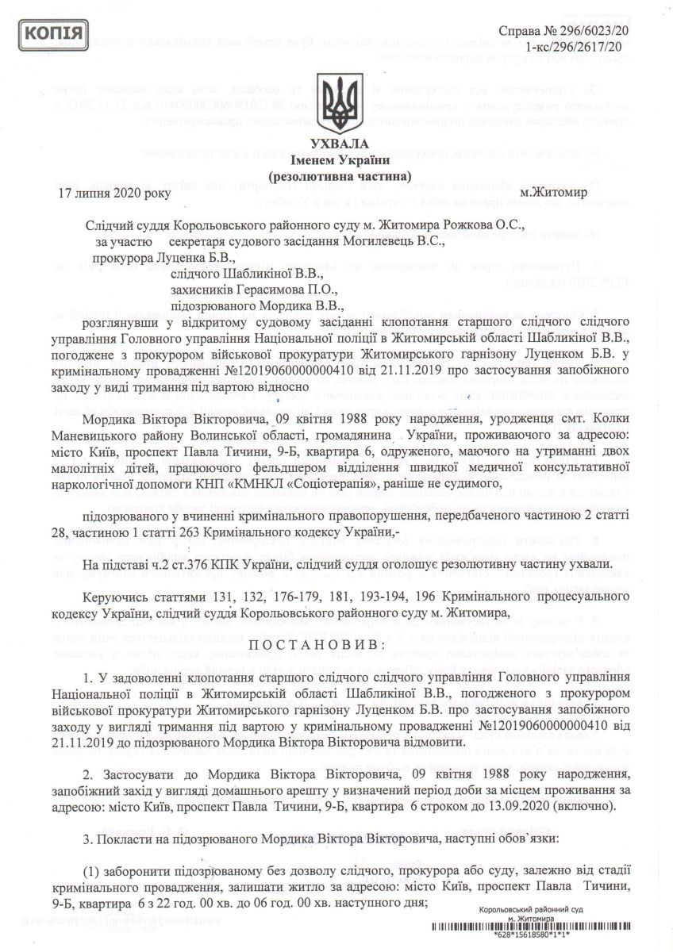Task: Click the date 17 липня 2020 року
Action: coord(114,192)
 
